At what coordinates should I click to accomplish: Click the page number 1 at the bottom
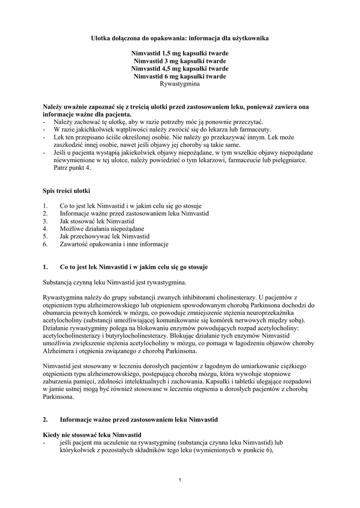pyautogui.click(x=180, y=480)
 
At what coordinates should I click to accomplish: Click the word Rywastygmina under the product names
pyautogui.click(x=180, y=84)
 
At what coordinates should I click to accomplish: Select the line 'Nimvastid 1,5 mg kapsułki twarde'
pyautogui.click(x=180, y=53)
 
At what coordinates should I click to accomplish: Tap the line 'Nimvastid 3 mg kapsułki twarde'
pyautogui.click(x=180, y=61)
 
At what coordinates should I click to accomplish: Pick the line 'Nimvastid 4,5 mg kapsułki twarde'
pyautogui.click(x=180, y=68)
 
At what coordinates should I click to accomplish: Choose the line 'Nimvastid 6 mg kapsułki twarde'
pyautogui.click(x=180, y=76)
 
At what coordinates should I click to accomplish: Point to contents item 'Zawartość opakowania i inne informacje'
pyautogui.click(x=114, y=244)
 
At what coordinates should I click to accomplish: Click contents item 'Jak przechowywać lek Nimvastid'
pyautogui.click(x=104, y=236)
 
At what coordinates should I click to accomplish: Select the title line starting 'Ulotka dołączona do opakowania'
pyautogui.click(x=180, y=38)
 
